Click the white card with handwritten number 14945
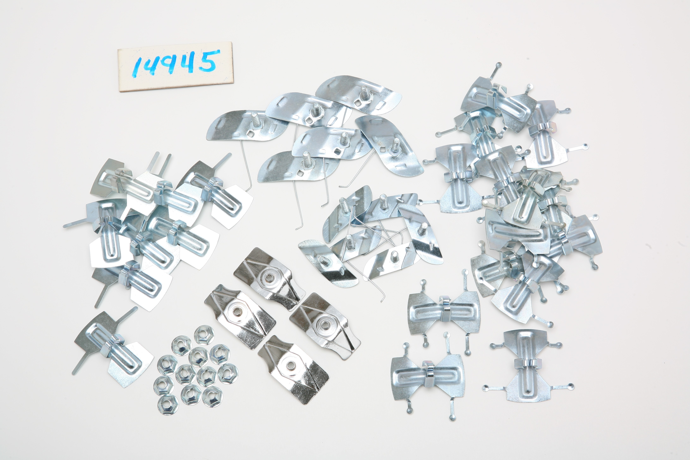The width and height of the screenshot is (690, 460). tap(176, 67)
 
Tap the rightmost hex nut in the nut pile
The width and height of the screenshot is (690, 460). tap(228, 373)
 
